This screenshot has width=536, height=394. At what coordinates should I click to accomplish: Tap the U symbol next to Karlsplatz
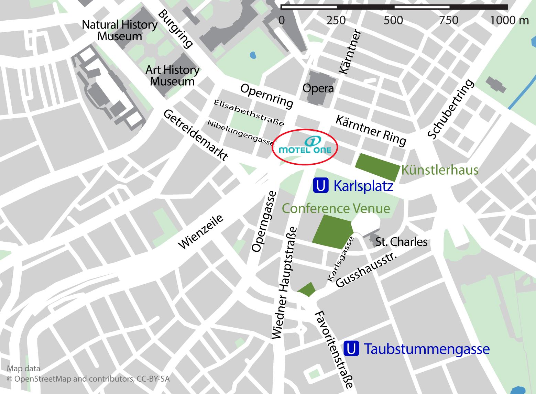pyautogui.click(x=321, y=185)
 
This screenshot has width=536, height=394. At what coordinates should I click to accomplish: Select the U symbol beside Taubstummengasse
pyautogui.click(x=351, y=348)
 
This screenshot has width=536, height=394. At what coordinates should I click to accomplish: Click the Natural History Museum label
pyautogui.click(x=120, y=30)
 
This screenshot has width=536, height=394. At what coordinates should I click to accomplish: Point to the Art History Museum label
pyautogui.click(x=172, y=76)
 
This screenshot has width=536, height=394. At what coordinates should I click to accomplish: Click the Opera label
pyautogui.click(x=318, y=88)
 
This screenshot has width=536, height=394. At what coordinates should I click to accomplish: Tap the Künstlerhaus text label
pyautogui.click(x=440, y=170)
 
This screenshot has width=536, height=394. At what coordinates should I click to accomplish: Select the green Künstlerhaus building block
pyautogui.click(x=377, y=167)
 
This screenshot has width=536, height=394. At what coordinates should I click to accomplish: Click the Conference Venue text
pyautogui.click(x=336, y=208)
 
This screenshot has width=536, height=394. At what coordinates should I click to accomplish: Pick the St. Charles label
pyautogui.click(x=401, y=242)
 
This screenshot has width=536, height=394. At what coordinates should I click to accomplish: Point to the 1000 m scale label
pyautogui.click(x=509, y=20)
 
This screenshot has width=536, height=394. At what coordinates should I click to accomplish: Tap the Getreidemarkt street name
pyautogui.click(x=195, y=135)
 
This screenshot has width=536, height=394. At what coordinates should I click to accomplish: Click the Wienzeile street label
pyautogui.click(x=201, y=231)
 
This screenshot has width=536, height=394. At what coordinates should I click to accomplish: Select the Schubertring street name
pyautogui.click(x=450, y=109)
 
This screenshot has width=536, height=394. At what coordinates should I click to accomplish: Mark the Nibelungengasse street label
pyautogui.click(x=241, y=133)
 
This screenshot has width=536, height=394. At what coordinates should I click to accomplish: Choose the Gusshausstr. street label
pyautogui.click(x=366, y=270)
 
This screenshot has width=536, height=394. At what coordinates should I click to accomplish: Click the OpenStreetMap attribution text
pyautogui.click(x=88, y=379)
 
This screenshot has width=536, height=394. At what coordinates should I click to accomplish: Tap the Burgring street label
pyautogui.click(x=176, y=29)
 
